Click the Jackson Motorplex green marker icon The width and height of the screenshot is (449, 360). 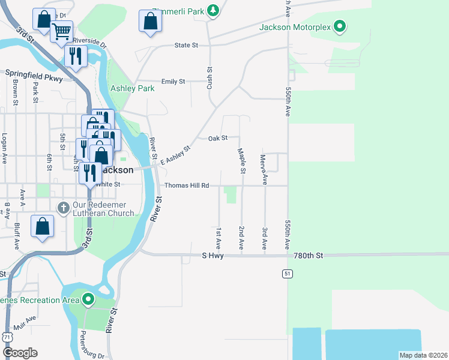coord(340,26)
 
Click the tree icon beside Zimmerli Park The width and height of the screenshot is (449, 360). coord(212,10)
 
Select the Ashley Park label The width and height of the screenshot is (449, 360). coord(133,88)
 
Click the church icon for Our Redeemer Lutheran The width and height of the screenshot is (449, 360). coord(64,207)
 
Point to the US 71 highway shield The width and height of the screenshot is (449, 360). coord(7,338)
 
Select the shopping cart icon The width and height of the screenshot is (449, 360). coord(61,31)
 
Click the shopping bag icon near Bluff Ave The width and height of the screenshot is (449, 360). coord(42,227)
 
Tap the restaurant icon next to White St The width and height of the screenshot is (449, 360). coord(90,172)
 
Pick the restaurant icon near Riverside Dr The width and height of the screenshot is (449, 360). coord(76,56)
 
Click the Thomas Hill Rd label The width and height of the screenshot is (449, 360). coord(186,185)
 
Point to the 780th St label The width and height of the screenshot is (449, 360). coord(309,256)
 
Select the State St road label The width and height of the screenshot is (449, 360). coord(186,45)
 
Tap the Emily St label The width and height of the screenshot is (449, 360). coord(173,82)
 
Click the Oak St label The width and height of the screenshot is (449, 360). coord(217,138)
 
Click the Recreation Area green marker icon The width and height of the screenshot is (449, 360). coord(89,299)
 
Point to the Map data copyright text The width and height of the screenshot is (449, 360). coord(423,355)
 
